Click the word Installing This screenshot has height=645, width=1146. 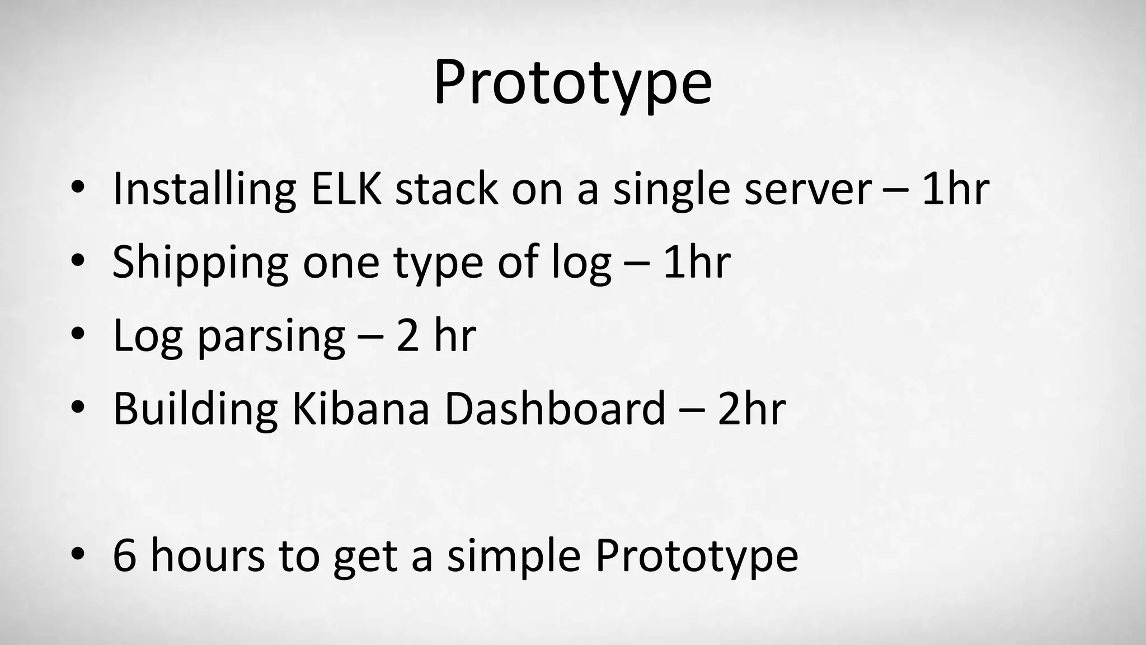[x=204, y=189]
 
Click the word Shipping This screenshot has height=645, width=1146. [x=200, y=263]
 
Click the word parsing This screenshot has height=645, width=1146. [x=271, y=337]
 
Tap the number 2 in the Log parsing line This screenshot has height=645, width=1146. [x=407, y=336]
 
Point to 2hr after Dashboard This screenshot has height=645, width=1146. [x=752, y=409]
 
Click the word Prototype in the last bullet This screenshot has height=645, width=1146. [x=696, y=558]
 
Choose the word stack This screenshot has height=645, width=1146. [x=446, y=189]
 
